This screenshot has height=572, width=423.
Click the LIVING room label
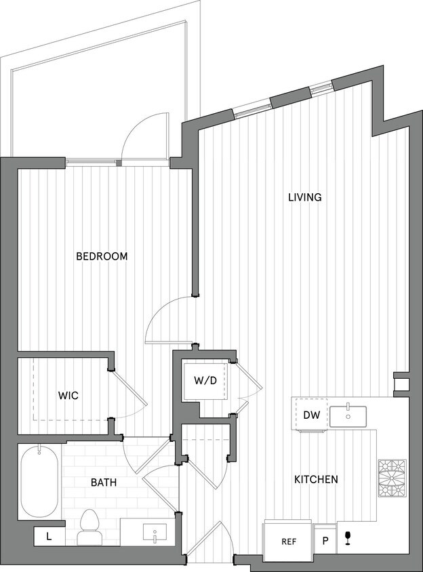click(x=304, y=197)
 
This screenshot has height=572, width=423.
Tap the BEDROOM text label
click(x=102, y=256)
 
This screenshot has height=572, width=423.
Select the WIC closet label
click(x=68, y=395)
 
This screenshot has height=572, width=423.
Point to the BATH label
click(x=104, y=483)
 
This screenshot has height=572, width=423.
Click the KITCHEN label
click(x=315, y=479)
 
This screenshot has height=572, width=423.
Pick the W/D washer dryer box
click(x=205, y=380)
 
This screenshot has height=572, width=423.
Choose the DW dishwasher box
click(x=311, y=415)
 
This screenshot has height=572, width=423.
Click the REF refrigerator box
click(x=287, y=542)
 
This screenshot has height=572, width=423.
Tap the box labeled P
click(x=325, y=542)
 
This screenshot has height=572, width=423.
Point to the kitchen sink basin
click(x=348, y=415)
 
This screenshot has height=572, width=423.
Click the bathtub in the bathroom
click(x=39, y=481)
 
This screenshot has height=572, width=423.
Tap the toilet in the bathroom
click(x=89, y=528)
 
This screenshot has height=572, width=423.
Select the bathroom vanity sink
click(x=150, y=532)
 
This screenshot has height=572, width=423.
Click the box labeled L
click(x=49, y=536)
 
